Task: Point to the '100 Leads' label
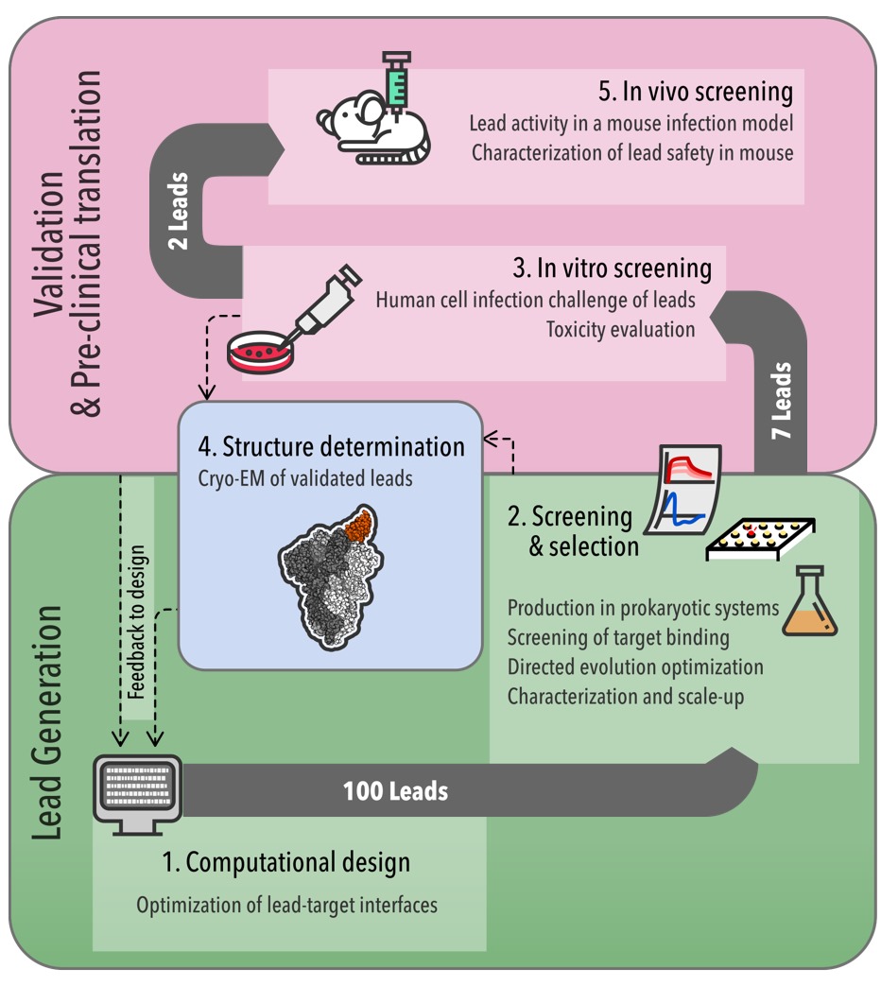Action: (395, 789)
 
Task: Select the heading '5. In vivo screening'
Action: (707, 93)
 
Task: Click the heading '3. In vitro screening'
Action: (613, 268)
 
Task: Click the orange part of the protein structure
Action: (359, 523)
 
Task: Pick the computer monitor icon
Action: (138, 790)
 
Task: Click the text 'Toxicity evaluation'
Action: (621, 329)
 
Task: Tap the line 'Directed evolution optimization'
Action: (635, 666)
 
